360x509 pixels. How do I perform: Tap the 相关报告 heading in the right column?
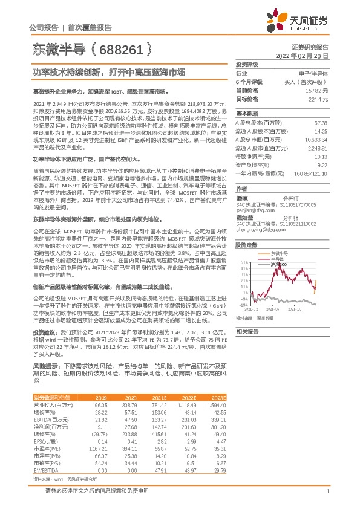click(x=246, y=332)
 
